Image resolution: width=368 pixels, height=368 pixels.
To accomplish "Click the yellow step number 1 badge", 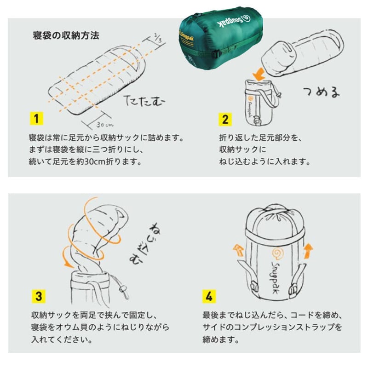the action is pyautogui.click(x=36, y=119).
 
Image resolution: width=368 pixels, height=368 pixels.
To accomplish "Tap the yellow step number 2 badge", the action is pyautogui.click(x=225, y=120).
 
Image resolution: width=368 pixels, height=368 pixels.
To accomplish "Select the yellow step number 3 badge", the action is pyautogui.click(x=39, y=296).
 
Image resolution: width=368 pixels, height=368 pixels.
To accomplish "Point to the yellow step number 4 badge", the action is pyautogui.click(x=209, y=296).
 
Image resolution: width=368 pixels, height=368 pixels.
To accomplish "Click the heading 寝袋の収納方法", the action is pyautogui.click(x=66, y=35).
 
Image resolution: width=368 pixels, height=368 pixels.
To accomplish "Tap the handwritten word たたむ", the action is pyautogui.click(x=144, y=100).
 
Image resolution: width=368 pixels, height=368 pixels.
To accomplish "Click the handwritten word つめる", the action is pyautogui.click(x=322, y=92).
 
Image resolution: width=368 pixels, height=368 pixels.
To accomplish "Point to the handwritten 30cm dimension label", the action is pyautogui.click(x=104, y=125).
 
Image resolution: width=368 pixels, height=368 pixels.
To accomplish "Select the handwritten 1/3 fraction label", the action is pyautogui.click(x=158, y=38).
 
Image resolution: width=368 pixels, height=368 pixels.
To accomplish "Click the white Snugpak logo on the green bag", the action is pyautogui.click(x=234, y=21).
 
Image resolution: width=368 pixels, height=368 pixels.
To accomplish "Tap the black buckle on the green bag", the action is pyautogui.click(x=217, y=54).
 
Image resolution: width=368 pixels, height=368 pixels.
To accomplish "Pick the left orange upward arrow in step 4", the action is pyautogui.click(x=238, y=250).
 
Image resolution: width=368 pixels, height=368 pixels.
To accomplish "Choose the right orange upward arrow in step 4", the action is pyautogui.click(x=308, y=251).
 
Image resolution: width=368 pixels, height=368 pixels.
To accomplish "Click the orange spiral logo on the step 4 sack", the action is pyautogui.click(x=278, y=253).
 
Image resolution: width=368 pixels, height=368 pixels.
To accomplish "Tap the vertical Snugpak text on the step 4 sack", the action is pyautogui.click(x=275, y=277).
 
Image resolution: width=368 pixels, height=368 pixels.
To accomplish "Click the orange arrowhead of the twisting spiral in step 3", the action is pyautogui.click(x=68, y=264).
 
